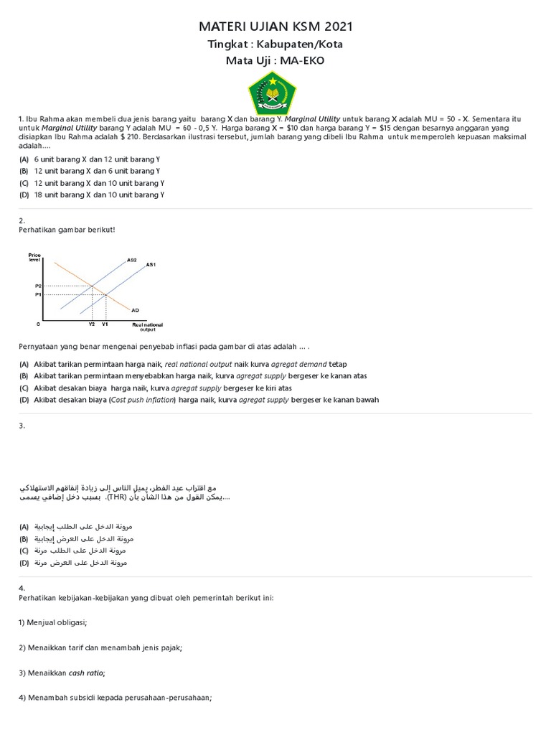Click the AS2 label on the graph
tap(131, 259)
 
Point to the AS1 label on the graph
tap(151, 265)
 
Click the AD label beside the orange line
tap(135, 310)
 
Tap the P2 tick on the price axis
tap(38, 286)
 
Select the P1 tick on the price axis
tap(38, 294)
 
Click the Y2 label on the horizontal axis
tap(91, 324)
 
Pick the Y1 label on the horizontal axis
tap(105, 324)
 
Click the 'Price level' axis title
tap(34, 257)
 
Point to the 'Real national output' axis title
tap(147, 327)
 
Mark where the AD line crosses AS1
tap(106, 294)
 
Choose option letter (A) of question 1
tap(24, 159)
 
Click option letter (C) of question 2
tap(24, 388)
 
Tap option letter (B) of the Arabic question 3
tap(24, 538)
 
